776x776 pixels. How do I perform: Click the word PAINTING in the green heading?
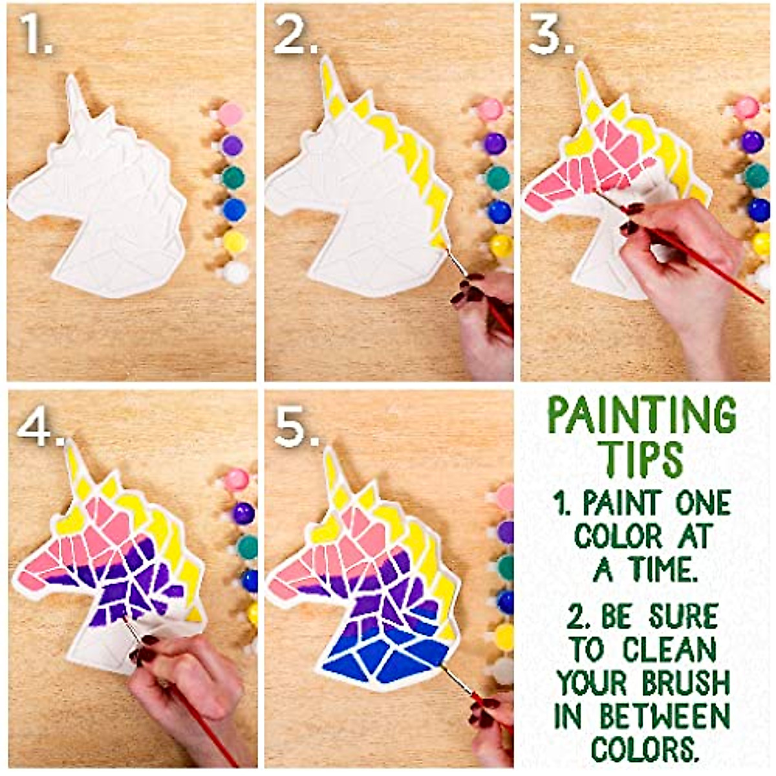[642, 416]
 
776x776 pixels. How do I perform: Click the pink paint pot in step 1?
[229, 114]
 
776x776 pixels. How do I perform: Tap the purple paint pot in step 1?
[231, 145]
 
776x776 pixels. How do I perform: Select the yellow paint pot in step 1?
[234, 242]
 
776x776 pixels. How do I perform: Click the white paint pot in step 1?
[236, 273]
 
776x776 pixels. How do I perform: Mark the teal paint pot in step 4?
[246, 546]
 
